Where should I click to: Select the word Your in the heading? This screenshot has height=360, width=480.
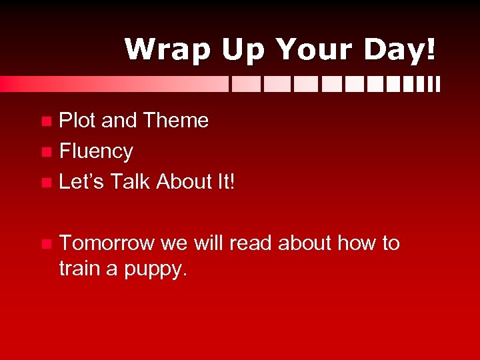[312, 50]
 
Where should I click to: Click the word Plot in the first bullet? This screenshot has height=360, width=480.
[77, 121]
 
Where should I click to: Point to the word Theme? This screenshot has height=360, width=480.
[175, 121]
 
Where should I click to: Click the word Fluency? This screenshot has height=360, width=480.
[96, 151]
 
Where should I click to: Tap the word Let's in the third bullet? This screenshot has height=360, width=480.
[81, 181]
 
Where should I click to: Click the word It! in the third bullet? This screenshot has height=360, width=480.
[224, 181]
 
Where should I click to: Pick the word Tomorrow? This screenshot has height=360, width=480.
[107, 243]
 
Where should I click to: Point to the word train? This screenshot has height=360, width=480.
[76, 270]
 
